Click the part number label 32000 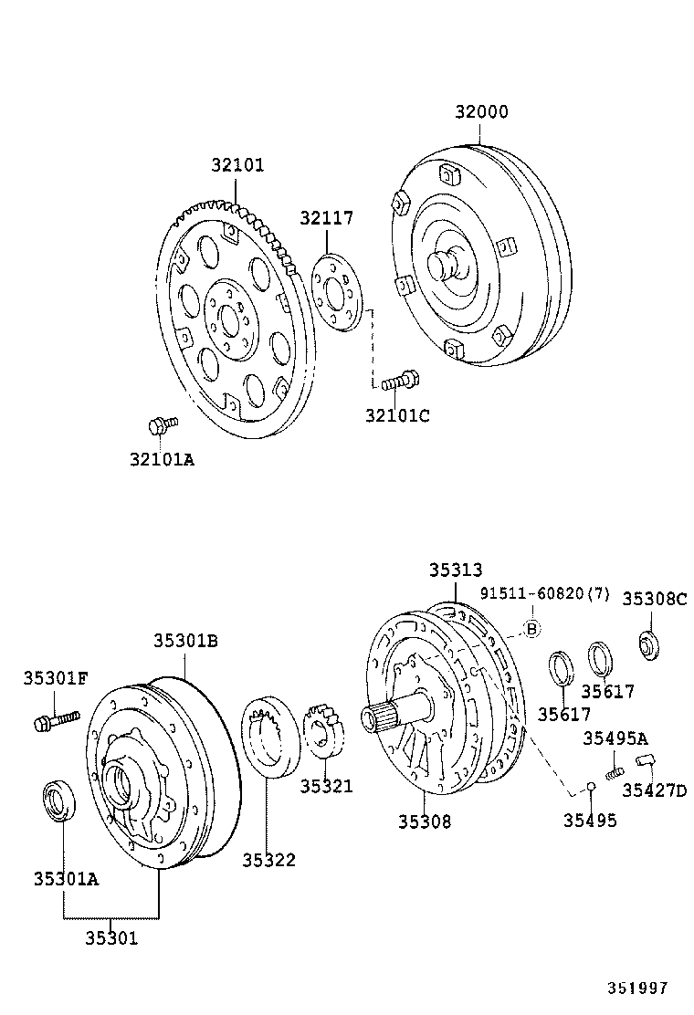[481, 112]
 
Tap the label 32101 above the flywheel [237, 165]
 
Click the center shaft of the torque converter [446, 265]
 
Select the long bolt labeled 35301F [55, 721]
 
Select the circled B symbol [532, 628]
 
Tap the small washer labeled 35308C [648, 644]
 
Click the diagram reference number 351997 [639, 988]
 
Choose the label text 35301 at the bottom [111, 937]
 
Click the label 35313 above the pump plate [456, 570]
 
